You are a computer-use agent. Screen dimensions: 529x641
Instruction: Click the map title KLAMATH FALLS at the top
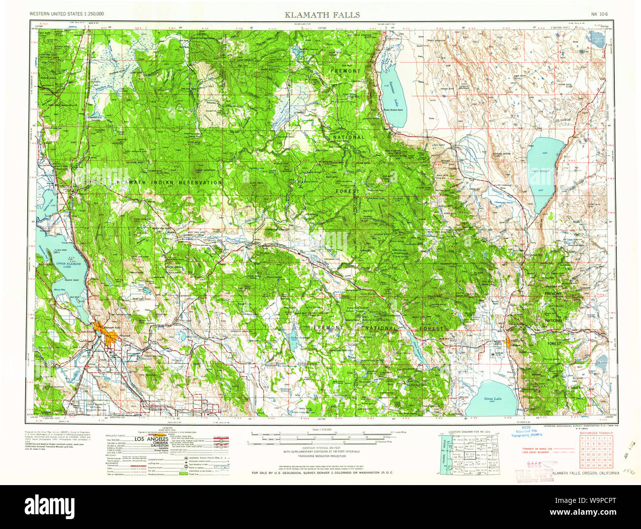pos(322,14)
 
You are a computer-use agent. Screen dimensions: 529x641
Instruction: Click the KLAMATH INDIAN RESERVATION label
pos(170,183)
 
